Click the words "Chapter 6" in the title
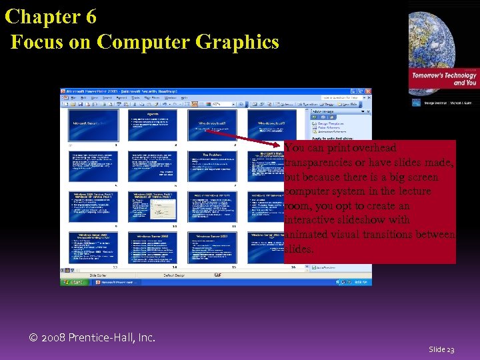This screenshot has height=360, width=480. click(x=51, y=16)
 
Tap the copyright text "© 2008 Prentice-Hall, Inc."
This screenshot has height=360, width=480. click(x=93, y=337)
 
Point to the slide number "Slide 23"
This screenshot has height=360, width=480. click(x=441, y=349)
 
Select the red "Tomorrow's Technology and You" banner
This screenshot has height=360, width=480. click(x=443, y=79)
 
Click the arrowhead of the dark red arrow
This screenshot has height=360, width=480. click(x=280, y=145)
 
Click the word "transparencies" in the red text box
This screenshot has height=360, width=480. click(x=317, y=163)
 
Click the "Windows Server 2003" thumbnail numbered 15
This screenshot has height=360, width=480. click(x=211, y=247)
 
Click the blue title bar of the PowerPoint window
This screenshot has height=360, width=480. click(x=200, y=91)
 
